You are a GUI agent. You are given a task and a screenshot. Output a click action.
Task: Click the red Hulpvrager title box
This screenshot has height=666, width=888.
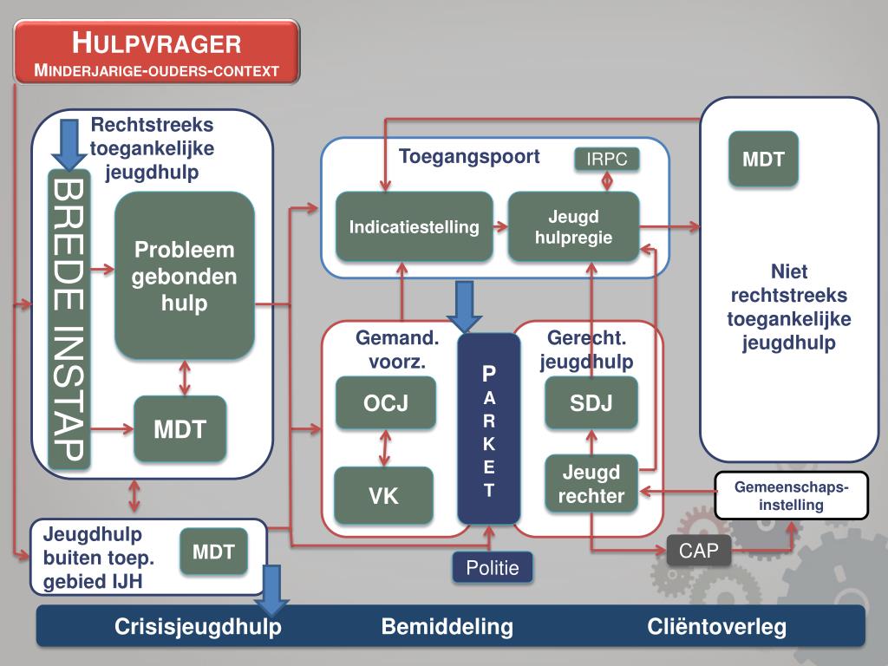156,53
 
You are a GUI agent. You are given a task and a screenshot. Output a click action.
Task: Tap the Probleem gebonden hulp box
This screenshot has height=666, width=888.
184,276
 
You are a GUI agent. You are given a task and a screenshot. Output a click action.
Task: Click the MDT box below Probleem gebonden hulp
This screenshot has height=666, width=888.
180,429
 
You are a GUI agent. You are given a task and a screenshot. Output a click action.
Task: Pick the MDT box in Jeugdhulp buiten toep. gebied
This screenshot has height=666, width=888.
213,552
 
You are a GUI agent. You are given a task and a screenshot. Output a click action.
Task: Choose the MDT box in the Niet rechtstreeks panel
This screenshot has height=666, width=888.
763,160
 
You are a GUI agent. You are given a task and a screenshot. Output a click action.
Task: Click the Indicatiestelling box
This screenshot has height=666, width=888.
414,227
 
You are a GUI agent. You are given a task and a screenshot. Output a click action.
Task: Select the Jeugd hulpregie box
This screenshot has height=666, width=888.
573,227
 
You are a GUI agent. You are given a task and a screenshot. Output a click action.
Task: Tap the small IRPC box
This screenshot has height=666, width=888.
607,159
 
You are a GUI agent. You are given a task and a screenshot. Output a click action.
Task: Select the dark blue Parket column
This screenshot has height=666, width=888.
489,429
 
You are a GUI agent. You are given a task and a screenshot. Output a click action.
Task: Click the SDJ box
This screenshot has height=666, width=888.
591,402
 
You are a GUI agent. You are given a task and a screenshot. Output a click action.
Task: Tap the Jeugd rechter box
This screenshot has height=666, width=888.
591,484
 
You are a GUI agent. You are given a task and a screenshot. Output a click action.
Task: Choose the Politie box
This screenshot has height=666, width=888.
492,568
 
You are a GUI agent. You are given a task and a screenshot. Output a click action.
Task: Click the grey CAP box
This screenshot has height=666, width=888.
699,551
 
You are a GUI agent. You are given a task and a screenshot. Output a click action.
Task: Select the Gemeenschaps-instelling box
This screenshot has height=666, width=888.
791,495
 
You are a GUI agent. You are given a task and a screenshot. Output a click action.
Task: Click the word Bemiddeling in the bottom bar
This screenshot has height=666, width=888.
447,627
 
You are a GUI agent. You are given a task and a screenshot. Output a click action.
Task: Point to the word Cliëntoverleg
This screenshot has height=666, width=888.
716,627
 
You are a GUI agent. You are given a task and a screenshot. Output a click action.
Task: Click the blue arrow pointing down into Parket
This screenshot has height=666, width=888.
467,306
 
